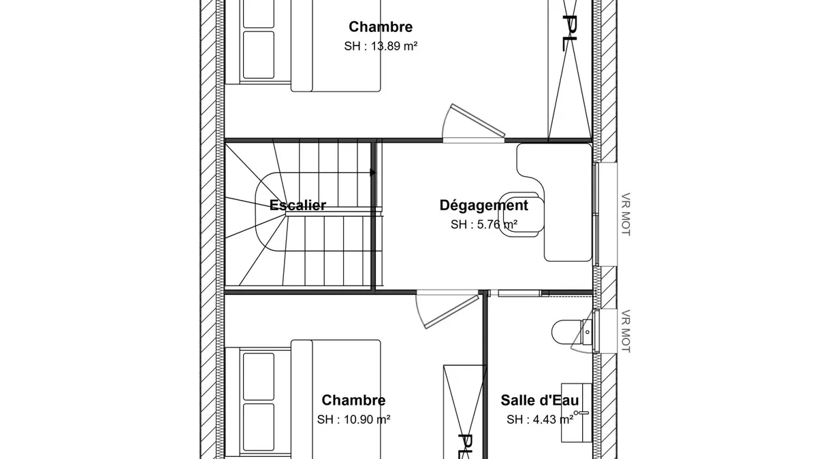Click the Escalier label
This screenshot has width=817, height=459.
[298, 205]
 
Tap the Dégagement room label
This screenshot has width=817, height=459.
[483, 205]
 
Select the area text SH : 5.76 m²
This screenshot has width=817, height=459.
[483, 224]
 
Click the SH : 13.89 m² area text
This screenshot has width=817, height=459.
[381, 46]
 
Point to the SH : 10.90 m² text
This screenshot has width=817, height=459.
[353, 420]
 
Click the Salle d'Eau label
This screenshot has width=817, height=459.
[539, 400]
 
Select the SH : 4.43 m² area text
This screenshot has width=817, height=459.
[540, 420]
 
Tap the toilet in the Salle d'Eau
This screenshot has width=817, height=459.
[572, 332]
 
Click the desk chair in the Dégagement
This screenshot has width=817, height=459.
[522, 215]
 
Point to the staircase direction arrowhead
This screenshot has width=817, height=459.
[373, 172]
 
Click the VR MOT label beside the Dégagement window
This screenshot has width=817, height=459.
[626, 214]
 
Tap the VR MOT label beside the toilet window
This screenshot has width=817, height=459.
[626, 331]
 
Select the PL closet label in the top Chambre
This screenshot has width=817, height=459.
[570, 33]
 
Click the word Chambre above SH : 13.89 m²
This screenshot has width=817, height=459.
[381, 27]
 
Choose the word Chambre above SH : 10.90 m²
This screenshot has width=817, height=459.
[353, 400]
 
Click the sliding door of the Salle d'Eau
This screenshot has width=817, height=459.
[516, 293]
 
